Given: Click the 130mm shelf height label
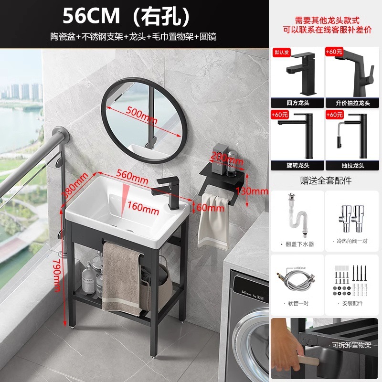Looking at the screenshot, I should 255,191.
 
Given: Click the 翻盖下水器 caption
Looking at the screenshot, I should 299,244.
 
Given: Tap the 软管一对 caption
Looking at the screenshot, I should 297,303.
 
